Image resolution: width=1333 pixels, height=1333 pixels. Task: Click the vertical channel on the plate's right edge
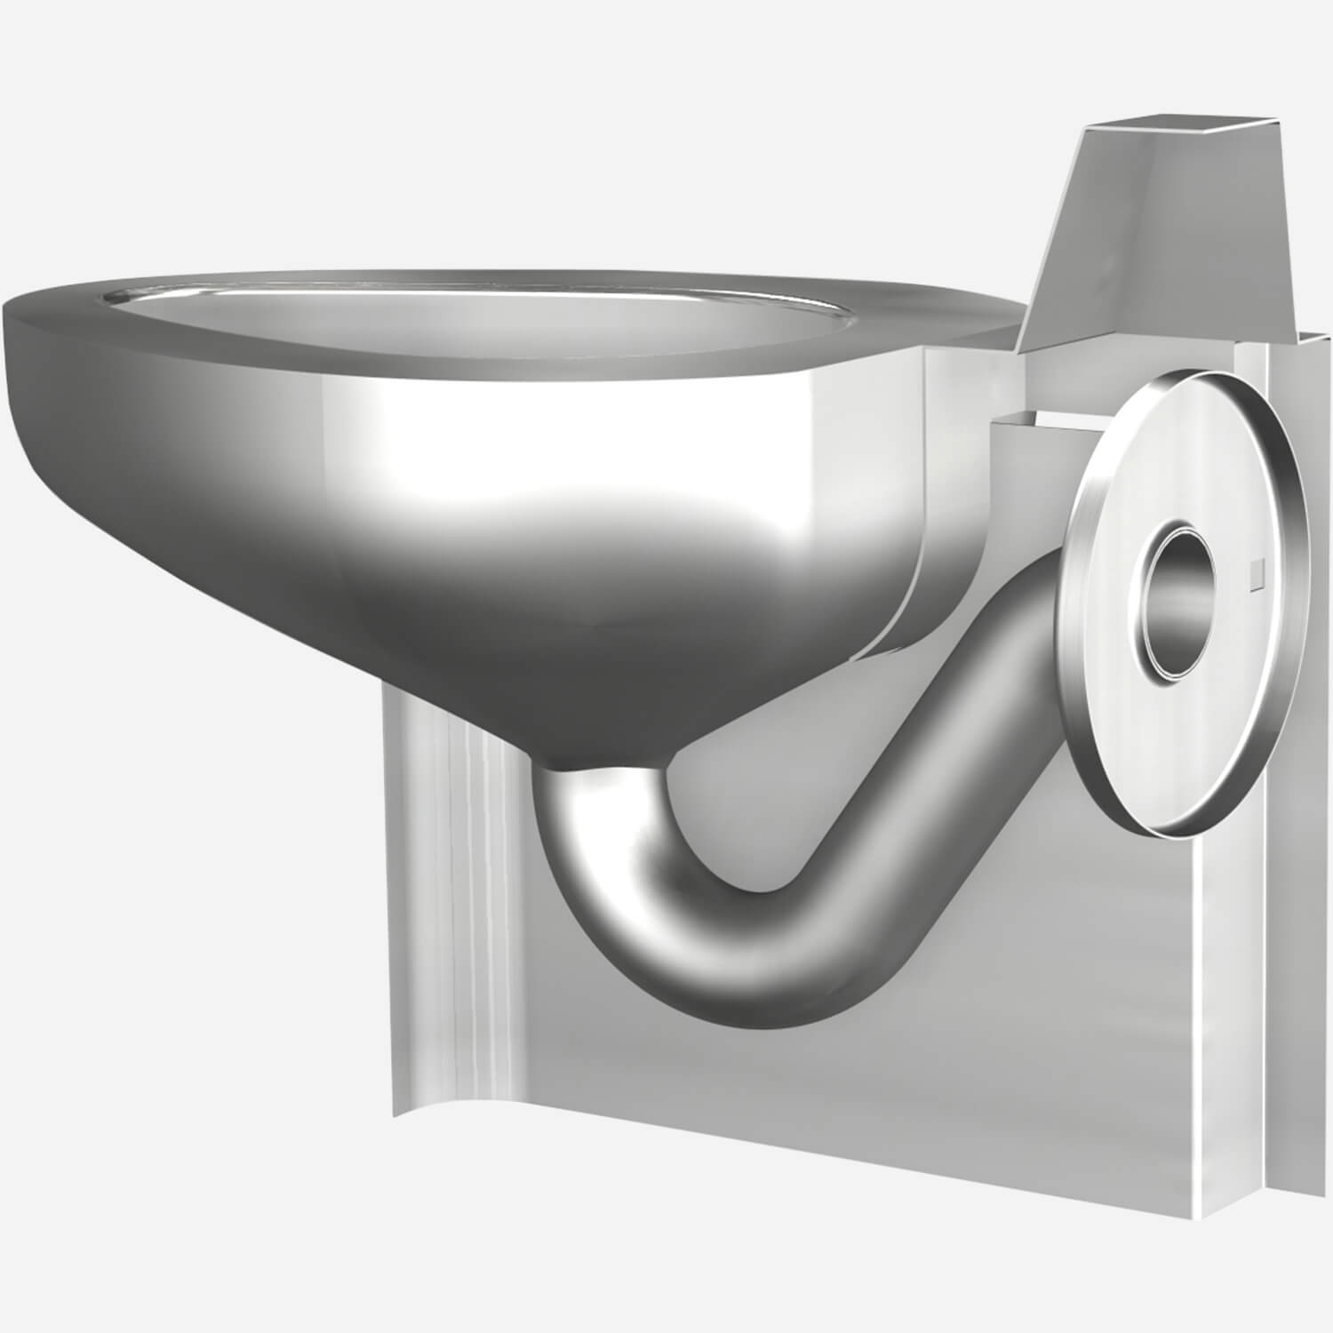click(x=1297, y=800)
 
